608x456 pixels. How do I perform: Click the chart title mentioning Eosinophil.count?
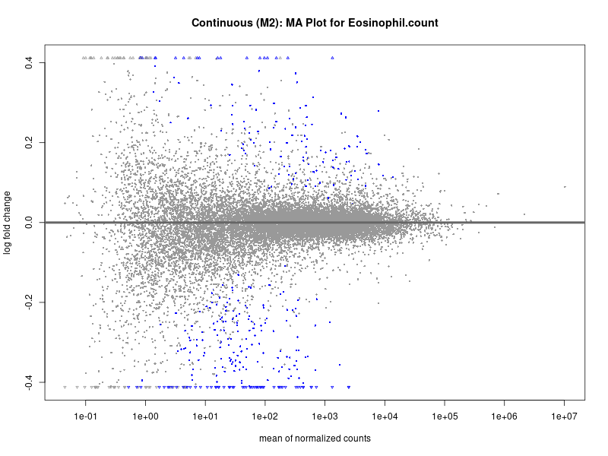pyautogui.click(x=315, y=24)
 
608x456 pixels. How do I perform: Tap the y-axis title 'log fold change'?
pyautogui.click(x=8, y=223)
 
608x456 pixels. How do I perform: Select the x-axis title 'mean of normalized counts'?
pyautogui.click(x=315, y=439)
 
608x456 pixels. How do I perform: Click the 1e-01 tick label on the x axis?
pyautogui.click(x=85, y=417)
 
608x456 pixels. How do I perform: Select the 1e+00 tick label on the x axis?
pyautogui.click(x=145, y=417)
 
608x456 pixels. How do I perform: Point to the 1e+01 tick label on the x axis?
pyautogui.click(x=205, y=417)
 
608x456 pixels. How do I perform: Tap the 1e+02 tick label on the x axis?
pyautogui.click(x=265, y=417)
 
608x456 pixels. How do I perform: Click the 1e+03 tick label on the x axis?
pyautogui.click(x=325, y=417)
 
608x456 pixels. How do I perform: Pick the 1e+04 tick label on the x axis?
pyautogui.click(x=385, y=417)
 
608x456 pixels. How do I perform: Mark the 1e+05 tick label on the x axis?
pyautogui.click(x=445, y=417)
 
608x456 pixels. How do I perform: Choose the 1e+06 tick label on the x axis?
pyautogui.click(x=505, y=417)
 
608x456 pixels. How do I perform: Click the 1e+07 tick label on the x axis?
pyautogui.click(x=565, y=417)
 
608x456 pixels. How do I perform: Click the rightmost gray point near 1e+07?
pyautogui.click(x=565, y=186)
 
